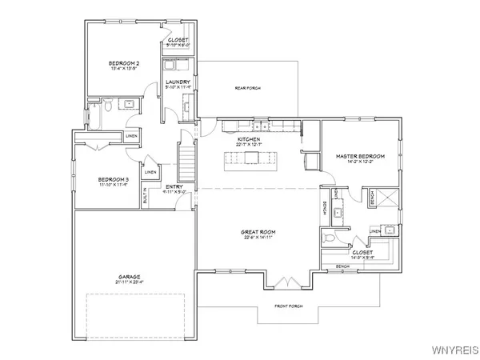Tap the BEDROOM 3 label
pyautogui.click(x=114, y=179)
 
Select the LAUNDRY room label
pyautogui.click(x=177, y=82)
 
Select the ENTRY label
pyautogui.click(x=174, y=187)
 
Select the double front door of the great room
pyautogui.click(x=282, y=282)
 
